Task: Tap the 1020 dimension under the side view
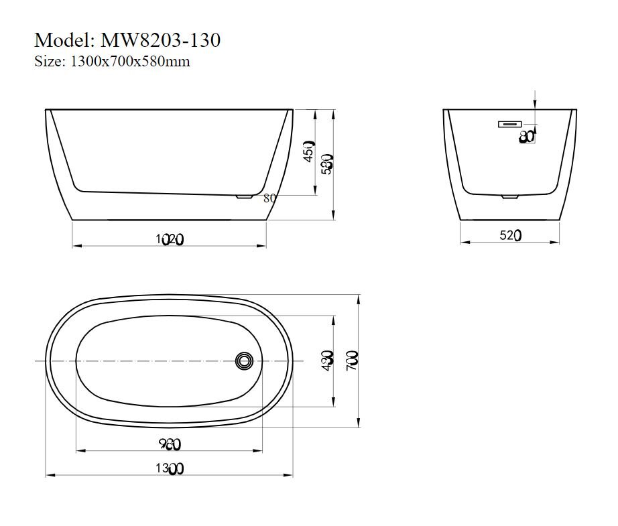pos(169,238)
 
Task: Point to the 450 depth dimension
pos(308,151)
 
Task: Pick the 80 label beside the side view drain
pos(270,198)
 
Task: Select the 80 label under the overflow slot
pos(527,137)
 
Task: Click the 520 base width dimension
pos(510,235)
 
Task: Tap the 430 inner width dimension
pos(328,361)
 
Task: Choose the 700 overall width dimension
pos(353,361)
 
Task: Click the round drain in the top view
pos(244,361)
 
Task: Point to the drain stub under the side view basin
pos(244,196)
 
